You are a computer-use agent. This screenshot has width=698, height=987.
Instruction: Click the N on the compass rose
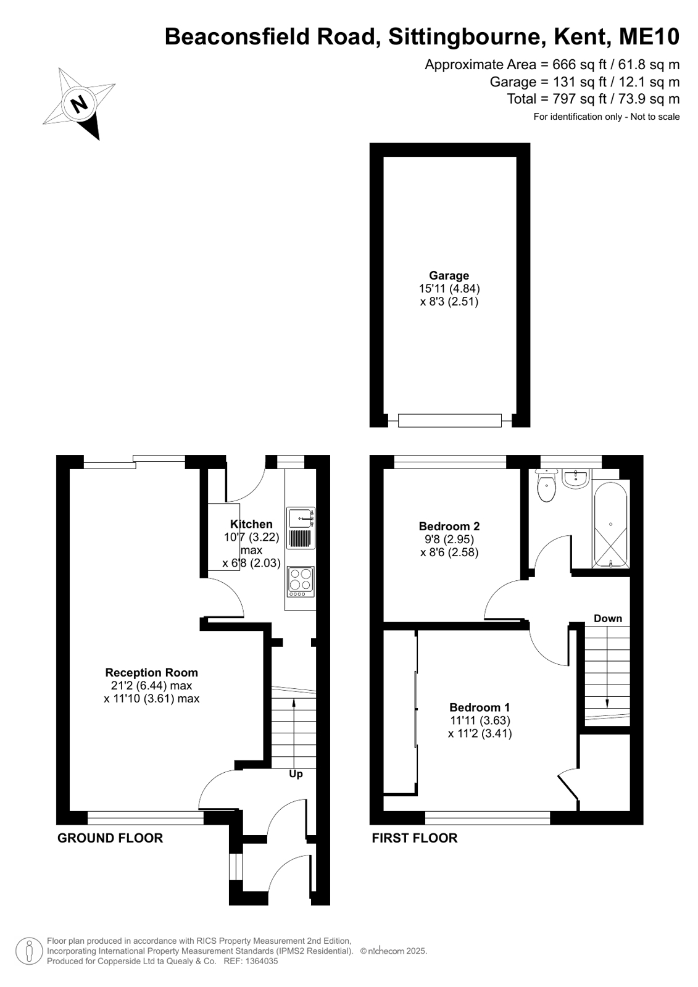pos(79,104)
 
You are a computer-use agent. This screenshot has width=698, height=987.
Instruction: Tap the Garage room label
pos(449,275)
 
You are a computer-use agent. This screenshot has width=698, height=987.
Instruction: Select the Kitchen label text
pos(251,524)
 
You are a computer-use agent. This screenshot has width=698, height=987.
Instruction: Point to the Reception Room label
pos(152,672)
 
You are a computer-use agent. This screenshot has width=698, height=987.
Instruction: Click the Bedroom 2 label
pos(449,526)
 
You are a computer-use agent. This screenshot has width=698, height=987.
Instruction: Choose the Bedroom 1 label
pos(480,707)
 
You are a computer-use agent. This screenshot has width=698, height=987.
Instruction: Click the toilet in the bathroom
pos(546,486)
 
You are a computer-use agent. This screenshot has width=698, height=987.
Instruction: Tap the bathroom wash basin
pos(576,478)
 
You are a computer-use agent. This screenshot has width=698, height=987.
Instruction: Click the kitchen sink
pos(301,528)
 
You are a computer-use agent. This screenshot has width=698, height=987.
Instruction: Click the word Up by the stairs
pos(296,774)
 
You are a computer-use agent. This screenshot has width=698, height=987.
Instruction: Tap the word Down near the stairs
pos(608,618)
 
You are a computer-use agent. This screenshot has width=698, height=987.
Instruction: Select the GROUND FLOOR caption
pos(110,838)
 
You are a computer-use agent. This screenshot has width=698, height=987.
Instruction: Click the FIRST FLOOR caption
pos(415,838)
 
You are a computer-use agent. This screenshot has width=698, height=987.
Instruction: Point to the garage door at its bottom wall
pos(449,420)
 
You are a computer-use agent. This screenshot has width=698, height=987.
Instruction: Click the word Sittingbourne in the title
pos(465,36)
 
